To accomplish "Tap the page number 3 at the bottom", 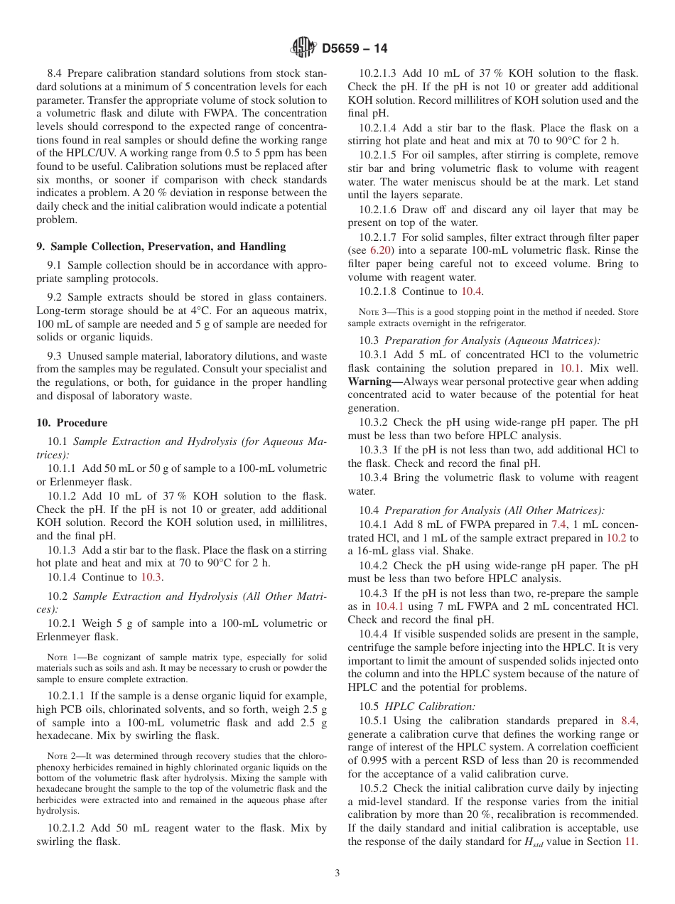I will click(337, 873).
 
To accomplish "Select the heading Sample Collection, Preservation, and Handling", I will click(161, 247).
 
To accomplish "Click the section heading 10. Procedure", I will click(72, 422).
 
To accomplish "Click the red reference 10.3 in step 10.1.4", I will click(151, 577).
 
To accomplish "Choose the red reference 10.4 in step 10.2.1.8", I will click(471, 291).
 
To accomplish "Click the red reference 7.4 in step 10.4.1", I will click(560, 524).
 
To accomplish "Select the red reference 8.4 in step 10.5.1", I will click(630, 721).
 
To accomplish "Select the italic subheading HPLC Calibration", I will click(430, 706).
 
